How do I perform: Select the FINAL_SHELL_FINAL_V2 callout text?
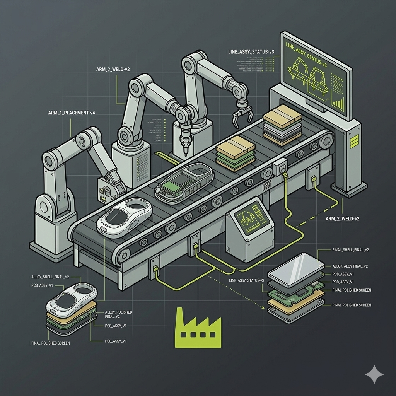[350, 250]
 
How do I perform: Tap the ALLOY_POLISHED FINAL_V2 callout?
[118, 314]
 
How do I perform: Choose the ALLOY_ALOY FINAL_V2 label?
[350, 266]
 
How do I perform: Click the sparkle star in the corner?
[374, 374]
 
